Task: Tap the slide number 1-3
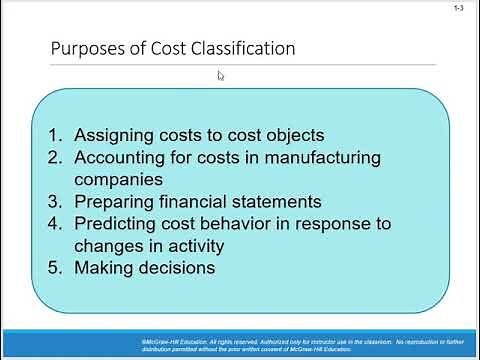[x=457, y=9]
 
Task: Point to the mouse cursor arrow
[x=221, y=75]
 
